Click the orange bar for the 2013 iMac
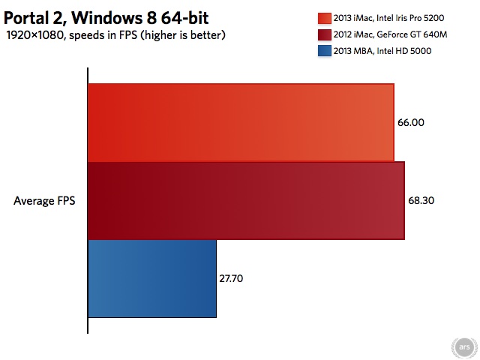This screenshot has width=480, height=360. point(241,122)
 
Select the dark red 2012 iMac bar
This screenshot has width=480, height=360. point(247,200)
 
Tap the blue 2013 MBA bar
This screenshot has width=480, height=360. point(152,278)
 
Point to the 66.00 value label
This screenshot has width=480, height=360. point(411,122)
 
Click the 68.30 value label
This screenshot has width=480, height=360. point(421,200)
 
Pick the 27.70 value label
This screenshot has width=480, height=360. point(231,278)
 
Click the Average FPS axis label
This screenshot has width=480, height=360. point(44,201)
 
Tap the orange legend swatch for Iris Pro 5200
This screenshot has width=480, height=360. point(325,18)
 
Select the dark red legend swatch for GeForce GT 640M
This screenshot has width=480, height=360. point(325,35)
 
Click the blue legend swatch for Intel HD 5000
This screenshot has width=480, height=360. point(325,51)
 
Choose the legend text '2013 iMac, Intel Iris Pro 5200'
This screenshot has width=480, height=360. point(388,18)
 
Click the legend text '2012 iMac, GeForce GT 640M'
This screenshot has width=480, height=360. point(390,34)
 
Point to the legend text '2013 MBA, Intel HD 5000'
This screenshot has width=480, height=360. point(382,51)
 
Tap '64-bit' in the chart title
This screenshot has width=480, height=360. point(185,18)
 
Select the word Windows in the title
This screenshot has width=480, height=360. point(107,18)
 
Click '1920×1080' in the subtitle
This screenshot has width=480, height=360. point(34,35)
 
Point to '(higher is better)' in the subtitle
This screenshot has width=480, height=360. point(183,35)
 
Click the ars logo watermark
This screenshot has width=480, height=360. point(464,347)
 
